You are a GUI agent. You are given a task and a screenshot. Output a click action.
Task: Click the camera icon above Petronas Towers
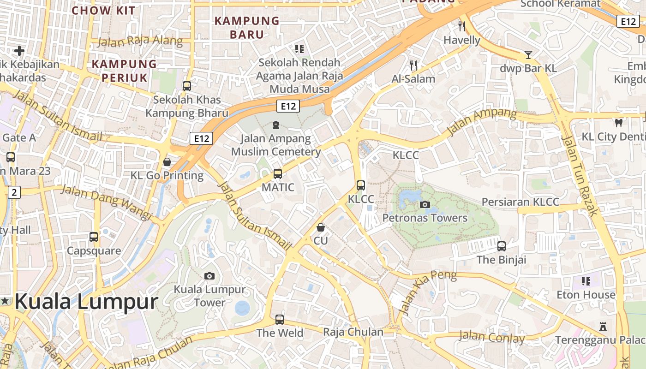point(425,204)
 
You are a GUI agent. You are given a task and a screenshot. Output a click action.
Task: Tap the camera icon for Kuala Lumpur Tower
point(209,276)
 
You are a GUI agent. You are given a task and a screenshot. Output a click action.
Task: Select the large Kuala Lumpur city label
point(86,302)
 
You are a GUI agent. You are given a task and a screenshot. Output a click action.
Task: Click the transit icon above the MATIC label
point(278,174)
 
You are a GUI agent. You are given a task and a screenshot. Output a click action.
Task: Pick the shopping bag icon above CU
point(321,227)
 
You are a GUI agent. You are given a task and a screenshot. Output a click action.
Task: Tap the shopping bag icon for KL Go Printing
point(167,162)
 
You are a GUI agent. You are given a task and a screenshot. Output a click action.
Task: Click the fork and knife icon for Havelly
point(462,26)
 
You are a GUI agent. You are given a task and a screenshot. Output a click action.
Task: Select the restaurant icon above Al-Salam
point(413,65)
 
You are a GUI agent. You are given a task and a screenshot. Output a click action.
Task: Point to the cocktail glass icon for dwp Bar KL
point(528,55)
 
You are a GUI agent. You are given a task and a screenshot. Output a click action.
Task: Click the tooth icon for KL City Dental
point(618,123)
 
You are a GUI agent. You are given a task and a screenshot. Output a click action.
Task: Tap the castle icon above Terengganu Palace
point(603,326)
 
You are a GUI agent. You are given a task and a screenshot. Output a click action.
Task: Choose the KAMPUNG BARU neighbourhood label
point(247,28)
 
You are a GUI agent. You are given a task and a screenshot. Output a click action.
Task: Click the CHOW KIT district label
point(103,10)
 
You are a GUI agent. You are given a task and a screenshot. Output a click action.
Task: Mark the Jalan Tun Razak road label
point(580,175)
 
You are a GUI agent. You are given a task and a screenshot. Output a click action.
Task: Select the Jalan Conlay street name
point(491,337)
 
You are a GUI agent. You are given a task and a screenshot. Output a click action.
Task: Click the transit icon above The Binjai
point(502,246)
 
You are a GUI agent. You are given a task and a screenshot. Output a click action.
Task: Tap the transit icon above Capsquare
point(94,237)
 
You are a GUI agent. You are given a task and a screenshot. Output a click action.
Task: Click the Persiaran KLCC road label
point(520,202)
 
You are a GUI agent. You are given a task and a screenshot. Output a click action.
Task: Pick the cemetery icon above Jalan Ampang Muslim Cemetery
point(276,125)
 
